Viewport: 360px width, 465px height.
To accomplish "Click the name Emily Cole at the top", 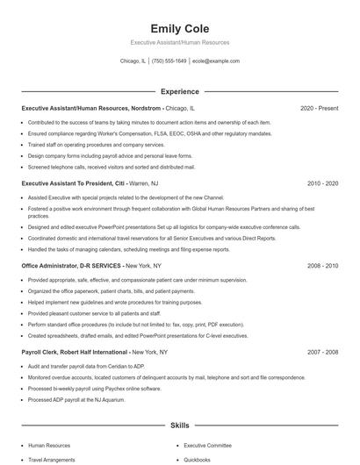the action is tap(179, 29).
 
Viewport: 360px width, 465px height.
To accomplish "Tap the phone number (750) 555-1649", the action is tap(169, 61).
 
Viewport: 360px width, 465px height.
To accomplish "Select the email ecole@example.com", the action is tap(216, 61).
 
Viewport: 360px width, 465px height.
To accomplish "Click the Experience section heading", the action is tap(179, 91).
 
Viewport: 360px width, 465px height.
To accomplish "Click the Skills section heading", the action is tap(179, 426).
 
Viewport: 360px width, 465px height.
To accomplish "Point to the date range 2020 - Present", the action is tap(319, 108).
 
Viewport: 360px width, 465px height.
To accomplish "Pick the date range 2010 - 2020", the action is tap(322, 184).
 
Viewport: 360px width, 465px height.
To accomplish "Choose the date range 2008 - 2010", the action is tap(322, 265).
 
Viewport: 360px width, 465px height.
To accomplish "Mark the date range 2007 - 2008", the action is tap(322, 352).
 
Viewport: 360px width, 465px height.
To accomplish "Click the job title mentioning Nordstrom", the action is tap(91, 108).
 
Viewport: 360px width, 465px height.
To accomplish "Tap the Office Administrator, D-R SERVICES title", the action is tap(71, 265).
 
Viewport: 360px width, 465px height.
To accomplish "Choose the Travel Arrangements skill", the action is tap(52, 459).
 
